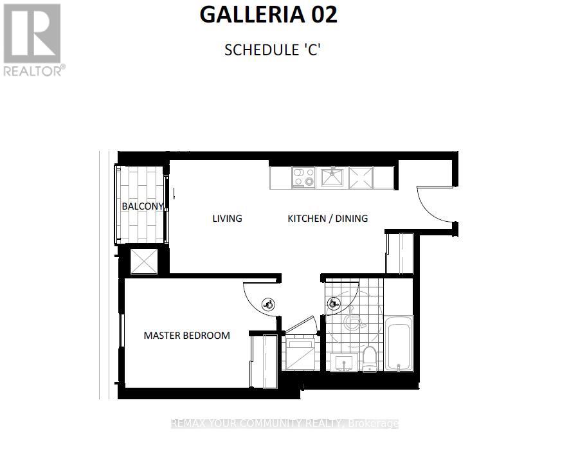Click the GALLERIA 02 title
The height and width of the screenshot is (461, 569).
click(269, 15)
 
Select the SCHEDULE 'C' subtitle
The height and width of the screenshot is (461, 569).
click(272, 50)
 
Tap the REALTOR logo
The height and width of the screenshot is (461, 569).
click(33, 40)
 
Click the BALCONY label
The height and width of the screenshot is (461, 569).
click(142, 206)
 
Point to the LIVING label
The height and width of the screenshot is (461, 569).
click(227, 219)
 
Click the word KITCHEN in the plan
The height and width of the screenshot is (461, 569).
click(306, 219)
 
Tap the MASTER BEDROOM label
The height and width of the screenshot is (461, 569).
click(186, 335)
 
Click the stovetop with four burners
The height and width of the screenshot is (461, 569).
click(303, 177)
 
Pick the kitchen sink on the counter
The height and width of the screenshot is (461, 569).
click(332, 177)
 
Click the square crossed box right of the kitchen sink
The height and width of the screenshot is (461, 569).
click(361, 177)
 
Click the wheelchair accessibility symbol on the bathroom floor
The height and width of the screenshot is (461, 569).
click(353, 319)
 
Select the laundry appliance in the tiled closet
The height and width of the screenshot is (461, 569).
click(298, 354)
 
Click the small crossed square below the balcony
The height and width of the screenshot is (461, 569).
click(143, 260)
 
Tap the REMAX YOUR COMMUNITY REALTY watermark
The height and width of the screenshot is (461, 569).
click(284, 424)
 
